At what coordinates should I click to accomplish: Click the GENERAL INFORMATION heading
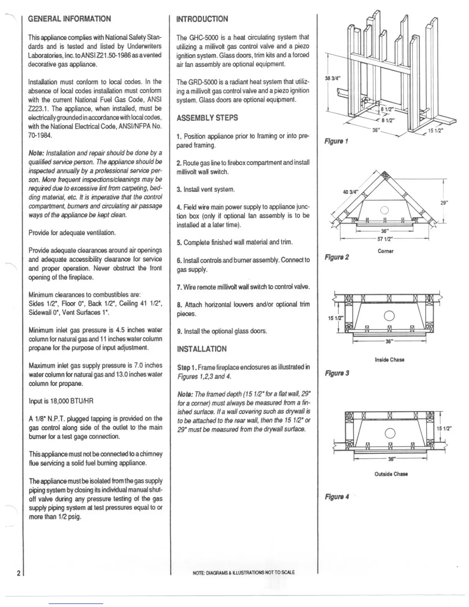click(x=69, y=19)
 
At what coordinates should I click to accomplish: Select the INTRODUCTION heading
click(x=202, y=19)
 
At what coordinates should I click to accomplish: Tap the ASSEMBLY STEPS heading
click(x=207, y=118)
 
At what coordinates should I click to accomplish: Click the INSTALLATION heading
click(x=202, y=349)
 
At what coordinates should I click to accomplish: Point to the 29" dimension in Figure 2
click(x=444, y=203)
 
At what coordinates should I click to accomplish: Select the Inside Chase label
click(x=389, y=359)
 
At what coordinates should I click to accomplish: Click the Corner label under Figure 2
click(x=385, y=251)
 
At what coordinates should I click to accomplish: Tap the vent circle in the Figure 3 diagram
click(x=389, y=315)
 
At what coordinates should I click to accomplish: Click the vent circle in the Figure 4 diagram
click(x=389, y=433)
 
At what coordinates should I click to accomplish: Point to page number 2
click(x=18, y=574)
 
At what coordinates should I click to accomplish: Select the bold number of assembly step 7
click(x=179, y=287)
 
